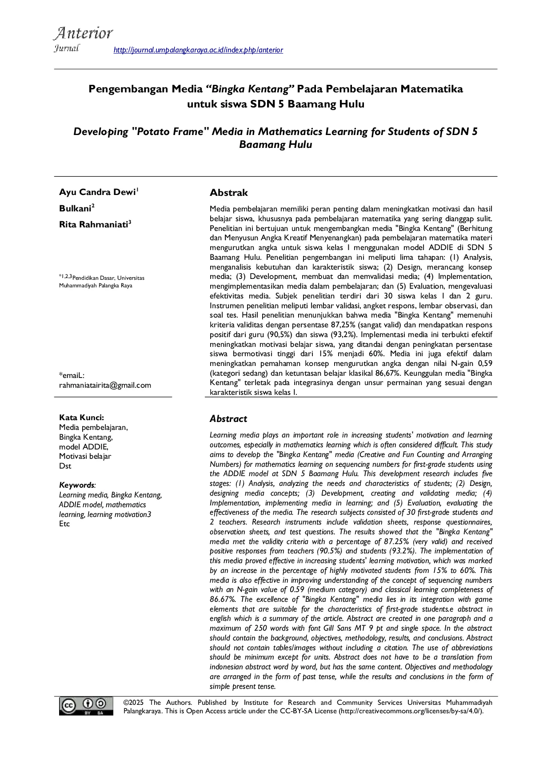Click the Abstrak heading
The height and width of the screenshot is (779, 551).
[x=228, y=193]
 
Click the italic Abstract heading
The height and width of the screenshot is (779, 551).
[x=228, y=419]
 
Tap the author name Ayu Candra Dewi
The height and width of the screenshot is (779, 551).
[x=97, y=192]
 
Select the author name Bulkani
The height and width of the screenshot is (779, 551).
[x=75, y=209]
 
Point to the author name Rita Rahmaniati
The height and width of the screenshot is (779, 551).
[x=94, y=225]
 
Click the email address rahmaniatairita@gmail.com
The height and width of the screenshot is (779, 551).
[x=105, y=385]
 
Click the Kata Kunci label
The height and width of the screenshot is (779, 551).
[x=81, y=417]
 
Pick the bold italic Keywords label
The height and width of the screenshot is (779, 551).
[x=77, y=485]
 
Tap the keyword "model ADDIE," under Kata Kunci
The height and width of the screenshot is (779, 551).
[x=84, y=447]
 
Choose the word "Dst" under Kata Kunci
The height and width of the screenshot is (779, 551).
[x=65, y=466]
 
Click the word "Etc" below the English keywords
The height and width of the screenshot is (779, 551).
[x=64, y=524]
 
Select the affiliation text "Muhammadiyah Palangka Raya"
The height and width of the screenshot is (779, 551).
[x=96, y=286]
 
